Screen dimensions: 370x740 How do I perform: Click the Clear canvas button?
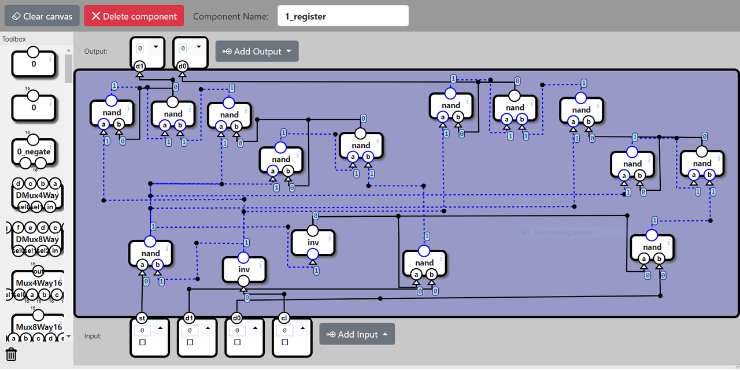[x=42, y=16]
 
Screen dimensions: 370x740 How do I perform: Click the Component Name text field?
[x=343, y=16]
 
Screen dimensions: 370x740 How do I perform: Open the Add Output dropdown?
[x=257, y=51]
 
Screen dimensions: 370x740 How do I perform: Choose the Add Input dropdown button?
[x=357, y=334]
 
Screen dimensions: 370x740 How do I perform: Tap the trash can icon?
[x=11, y=354]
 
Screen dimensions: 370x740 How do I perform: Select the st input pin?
[x=142, y=318]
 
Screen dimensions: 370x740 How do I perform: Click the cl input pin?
[x=284, y=318]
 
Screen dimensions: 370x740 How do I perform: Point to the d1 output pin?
[x=139, y=66]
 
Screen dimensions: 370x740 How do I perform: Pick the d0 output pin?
[x=182, y=66]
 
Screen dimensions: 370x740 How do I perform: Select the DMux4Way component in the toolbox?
[x=38, y=195]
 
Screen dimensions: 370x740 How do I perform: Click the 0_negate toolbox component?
[x=34, y=152]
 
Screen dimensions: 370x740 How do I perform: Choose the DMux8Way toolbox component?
[x=38, y=239]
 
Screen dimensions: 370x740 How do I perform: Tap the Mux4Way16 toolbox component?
[x=38, y=283]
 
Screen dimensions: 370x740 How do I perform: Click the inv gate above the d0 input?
[x=244, y=269]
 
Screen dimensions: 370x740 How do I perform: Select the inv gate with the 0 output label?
[x=313, y=243]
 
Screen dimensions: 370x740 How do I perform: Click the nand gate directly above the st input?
[x=150, y=253]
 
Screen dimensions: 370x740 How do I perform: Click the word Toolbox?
[x=14, y=39]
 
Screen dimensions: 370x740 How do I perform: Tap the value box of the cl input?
[x=284, y=330]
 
